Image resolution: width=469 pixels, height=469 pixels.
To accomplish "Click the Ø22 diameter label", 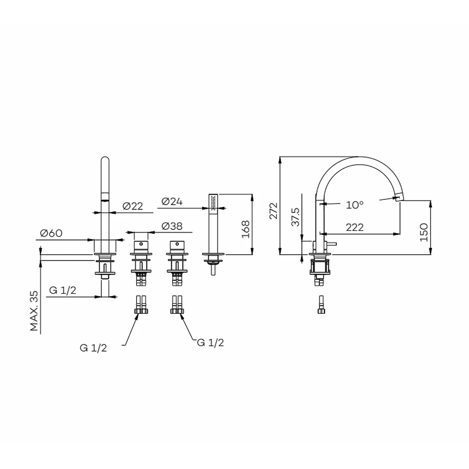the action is coord(133,206).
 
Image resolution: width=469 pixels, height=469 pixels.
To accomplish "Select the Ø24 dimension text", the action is coord(172,202).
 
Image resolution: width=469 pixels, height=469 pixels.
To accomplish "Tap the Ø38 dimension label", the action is coord(172,226).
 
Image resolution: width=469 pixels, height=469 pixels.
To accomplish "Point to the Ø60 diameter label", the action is coord(51,233).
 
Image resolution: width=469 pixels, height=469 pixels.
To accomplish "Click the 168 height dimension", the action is coord(246,229).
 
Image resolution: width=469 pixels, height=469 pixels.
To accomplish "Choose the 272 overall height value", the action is coord(274,211).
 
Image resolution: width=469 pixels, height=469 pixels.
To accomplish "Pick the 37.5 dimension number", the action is coord(295,217).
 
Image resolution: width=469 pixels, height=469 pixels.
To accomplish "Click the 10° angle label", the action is coord(355,205).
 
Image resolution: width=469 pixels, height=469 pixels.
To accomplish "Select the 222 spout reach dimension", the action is coord(355,227).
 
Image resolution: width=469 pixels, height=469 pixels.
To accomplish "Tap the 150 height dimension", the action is coord(424,232).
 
